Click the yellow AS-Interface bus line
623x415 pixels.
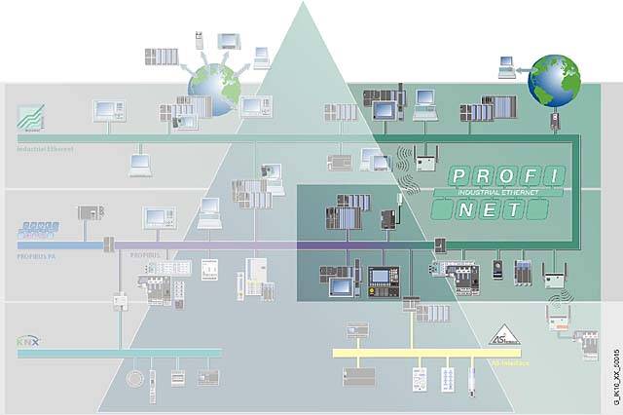pos(409,353)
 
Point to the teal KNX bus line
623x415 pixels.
pos(117,353)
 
